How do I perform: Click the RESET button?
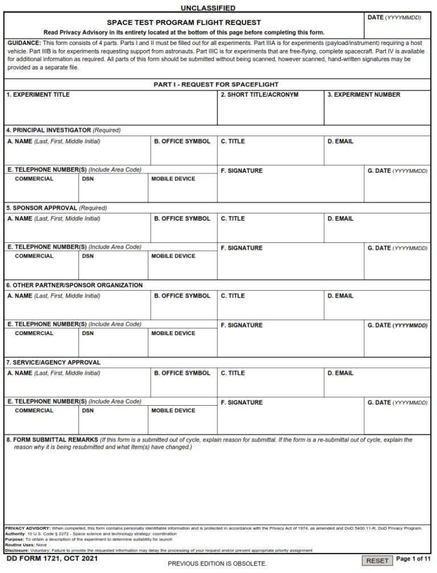[377, 560]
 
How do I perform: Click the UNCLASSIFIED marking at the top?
[208, 8]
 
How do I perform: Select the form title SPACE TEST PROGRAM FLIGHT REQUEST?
[184, 23]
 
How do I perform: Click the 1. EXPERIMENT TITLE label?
[38, 95]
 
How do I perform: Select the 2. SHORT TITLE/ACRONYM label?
[259, 95]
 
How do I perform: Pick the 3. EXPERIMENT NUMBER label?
[364, 95]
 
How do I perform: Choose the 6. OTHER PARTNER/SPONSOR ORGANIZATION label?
[74, 285]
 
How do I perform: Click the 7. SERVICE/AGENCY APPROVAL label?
[53, 362]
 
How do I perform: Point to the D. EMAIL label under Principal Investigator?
[340, 142]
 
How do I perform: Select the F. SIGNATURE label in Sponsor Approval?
[241, 248]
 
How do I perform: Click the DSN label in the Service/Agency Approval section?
[88, 411]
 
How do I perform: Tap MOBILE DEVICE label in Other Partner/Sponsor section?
[173, 333]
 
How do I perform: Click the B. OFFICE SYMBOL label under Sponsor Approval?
[182, 219]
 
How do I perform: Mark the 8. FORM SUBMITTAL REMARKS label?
[52, 440]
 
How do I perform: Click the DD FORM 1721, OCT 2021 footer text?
[44, 560]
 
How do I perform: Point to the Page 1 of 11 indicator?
[414, 559]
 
